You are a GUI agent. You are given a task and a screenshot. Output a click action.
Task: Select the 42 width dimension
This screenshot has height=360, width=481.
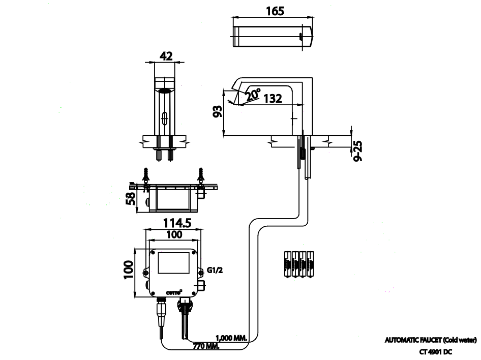(x=166, y=56)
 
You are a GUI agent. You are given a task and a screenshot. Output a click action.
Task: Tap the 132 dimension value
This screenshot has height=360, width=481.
(x=273, y=99)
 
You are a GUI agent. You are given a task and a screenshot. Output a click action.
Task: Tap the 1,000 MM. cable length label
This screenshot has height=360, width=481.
(x=232, y=338)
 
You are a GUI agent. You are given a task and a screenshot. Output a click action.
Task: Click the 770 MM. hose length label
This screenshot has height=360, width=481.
(x=206, y=346)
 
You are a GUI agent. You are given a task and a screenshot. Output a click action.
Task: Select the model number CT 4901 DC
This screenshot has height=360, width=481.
(x=436, y=351)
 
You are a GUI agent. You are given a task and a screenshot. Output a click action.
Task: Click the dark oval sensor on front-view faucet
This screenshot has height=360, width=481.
(x=166, y=92)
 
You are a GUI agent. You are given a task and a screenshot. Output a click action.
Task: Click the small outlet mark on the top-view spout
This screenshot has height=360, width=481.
(x=302, y=36)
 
